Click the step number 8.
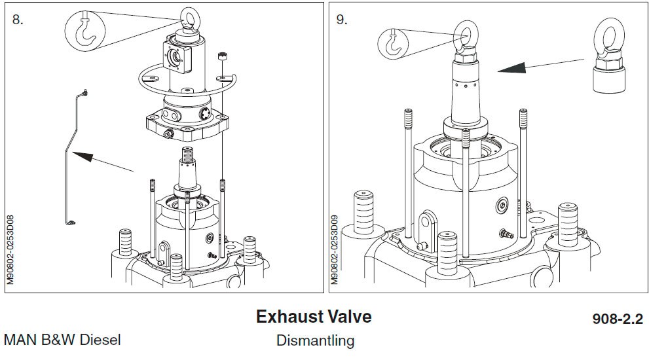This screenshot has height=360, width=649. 18,19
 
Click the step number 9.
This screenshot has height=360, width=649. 342,19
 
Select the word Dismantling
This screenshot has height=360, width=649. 315,340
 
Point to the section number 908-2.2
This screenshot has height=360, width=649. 617,319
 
